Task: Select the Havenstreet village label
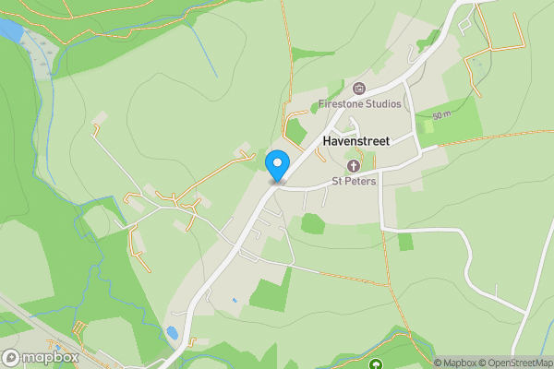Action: (x=356, y=142)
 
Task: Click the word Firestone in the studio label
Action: (x=340, y=105)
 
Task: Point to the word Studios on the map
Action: (x=382, y=105)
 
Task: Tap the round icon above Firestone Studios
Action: (x=358, y=89)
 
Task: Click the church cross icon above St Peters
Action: (x=354, y=167)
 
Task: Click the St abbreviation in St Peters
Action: (x=338, y=182)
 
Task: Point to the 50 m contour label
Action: (x=440, y=116)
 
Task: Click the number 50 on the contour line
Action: (x=436, y=117)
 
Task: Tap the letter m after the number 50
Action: (x=447, y=115)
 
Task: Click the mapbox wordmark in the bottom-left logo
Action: (x=50, y=357)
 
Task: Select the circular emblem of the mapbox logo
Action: (x=11, y=357)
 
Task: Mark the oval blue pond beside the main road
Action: (x=172, y=332)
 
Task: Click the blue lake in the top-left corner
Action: (x=9, y=30)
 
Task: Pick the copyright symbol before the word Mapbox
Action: (x=438, y=363)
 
